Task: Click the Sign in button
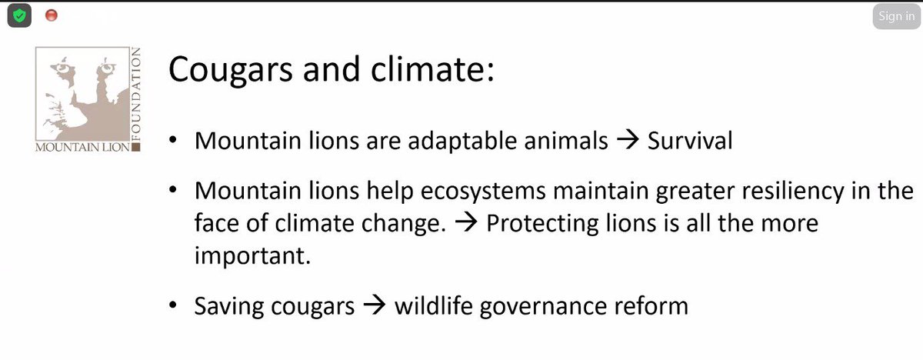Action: click(x=895, y=17)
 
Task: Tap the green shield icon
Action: click(x=19, y=15)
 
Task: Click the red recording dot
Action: click(x=52, y=15)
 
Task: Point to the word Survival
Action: click(x=691, y=142)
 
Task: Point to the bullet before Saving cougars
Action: click(x=175, y=306)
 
